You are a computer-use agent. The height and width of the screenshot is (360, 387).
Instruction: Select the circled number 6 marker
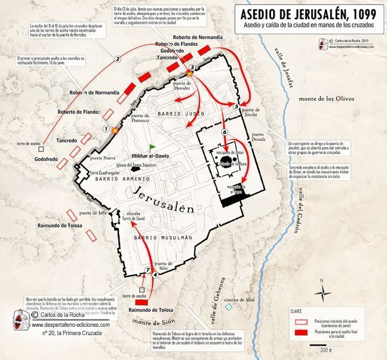pos(224,132)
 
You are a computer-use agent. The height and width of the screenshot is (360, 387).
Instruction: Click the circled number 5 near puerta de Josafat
pos(237,106)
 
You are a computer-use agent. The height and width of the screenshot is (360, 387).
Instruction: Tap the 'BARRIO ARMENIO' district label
pos(122,179)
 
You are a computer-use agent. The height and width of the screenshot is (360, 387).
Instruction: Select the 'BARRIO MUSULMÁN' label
pos(163,237)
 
